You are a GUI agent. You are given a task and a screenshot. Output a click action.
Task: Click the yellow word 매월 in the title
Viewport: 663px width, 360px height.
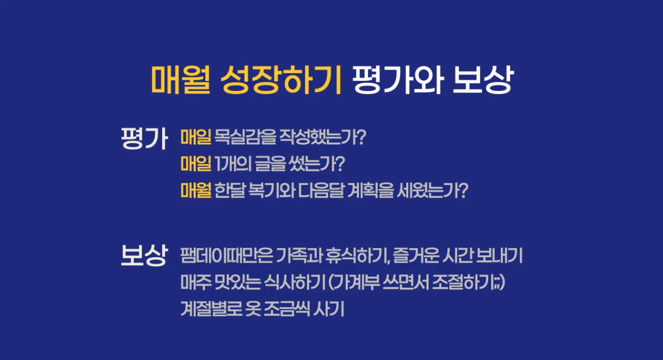(x=181, y=80)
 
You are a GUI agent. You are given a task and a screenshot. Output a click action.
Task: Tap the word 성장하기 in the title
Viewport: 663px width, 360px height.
(x=281, y=80)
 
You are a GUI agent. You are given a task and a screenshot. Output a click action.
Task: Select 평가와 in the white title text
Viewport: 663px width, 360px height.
(x=398, y=80)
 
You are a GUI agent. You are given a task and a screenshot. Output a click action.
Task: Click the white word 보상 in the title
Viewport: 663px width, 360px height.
(x=483, y=80)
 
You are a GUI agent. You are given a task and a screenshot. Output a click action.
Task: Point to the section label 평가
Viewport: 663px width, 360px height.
(x=144, y=138)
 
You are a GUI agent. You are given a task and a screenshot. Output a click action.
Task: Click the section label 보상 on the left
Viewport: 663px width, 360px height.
(x=144, y=255)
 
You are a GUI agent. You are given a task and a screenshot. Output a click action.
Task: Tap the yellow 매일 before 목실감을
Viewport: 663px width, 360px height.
(x=196, y=136)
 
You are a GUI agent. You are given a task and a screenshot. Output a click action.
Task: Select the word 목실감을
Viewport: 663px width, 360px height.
(x=245, y=136)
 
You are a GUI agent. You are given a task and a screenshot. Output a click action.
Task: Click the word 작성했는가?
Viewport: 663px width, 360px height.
(x=323, y=136)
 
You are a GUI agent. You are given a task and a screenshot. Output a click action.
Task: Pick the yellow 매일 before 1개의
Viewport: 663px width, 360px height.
(x=196, y=164)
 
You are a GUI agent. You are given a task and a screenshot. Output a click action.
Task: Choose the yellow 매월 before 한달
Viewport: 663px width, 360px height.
(x=196, y=190)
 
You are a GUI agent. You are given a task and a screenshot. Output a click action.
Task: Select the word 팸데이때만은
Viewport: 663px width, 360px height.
(x=226, y=255)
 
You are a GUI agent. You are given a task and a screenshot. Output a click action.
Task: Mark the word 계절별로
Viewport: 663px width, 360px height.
(x=211, y=309)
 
